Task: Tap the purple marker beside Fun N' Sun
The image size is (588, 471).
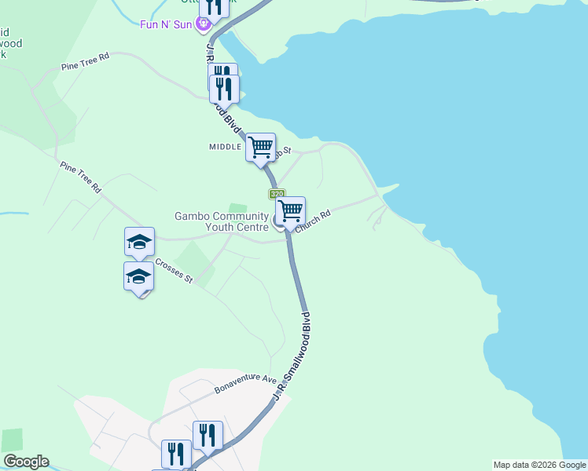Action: click(204, 24)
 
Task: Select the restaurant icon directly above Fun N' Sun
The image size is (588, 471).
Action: click(214, 6)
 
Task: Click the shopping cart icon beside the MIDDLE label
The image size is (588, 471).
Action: click(260, 147)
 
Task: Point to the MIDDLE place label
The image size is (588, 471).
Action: click(225, 147)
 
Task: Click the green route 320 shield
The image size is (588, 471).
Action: click(276, 194)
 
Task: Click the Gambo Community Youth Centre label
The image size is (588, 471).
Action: click(222, 221)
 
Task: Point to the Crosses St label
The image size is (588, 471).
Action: click(174, 271)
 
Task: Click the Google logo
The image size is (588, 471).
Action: click(26, 462)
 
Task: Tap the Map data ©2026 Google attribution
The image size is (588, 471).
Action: click(539, 465)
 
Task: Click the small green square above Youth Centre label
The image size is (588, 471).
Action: click(242, 209)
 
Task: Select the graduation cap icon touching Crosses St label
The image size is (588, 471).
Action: click(138, 276)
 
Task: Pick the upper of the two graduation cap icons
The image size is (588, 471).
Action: click(139, 242)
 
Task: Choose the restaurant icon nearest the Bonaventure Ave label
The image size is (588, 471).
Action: click(208, 435)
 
